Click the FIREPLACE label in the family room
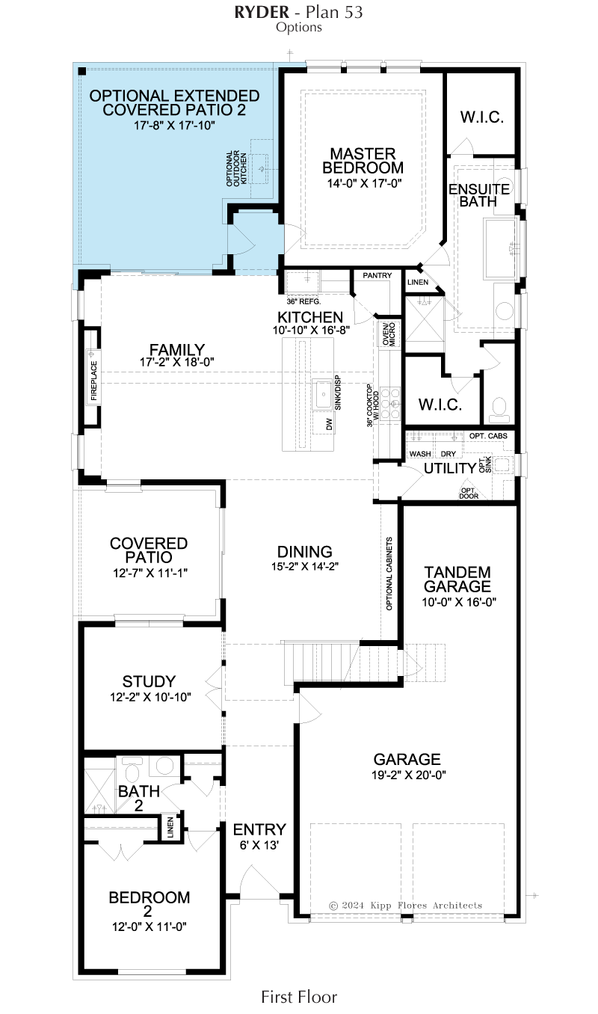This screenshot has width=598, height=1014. [94, 380]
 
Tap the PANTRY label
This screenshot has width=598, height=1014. [377, 275]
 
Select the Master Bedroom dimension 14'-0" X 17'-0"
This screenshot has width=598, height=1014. [365, 183]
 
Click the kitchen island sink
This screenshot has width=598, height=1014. [323, 394]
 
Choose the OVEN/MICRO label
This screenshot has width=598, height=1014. [389, 334]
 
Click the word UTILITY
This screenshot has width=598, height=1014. [450, 468]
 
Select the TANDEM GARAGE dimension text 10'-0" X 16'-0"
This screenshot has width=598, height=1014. [459, 602]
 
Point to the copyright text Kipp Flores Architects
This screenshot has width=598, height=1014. [425, 906]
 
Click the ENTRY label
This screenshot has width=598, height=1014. [259, 829]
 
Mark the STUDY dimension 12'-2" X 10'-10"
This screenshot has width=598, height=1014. [151, 697]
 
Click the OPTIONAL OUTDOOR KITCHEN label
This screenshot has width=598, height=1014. [236, 168]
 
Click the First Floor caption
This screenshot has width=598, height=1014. [299, 997]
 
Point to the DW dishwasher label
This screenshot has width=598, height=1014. [330, 424]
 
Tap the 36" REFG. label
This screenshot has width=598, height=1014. [303, 301]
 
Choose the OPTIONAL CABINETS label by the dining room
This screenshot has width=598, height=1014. [389, 574]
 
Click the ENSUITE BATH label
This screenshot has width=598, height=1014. [479, 195]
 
